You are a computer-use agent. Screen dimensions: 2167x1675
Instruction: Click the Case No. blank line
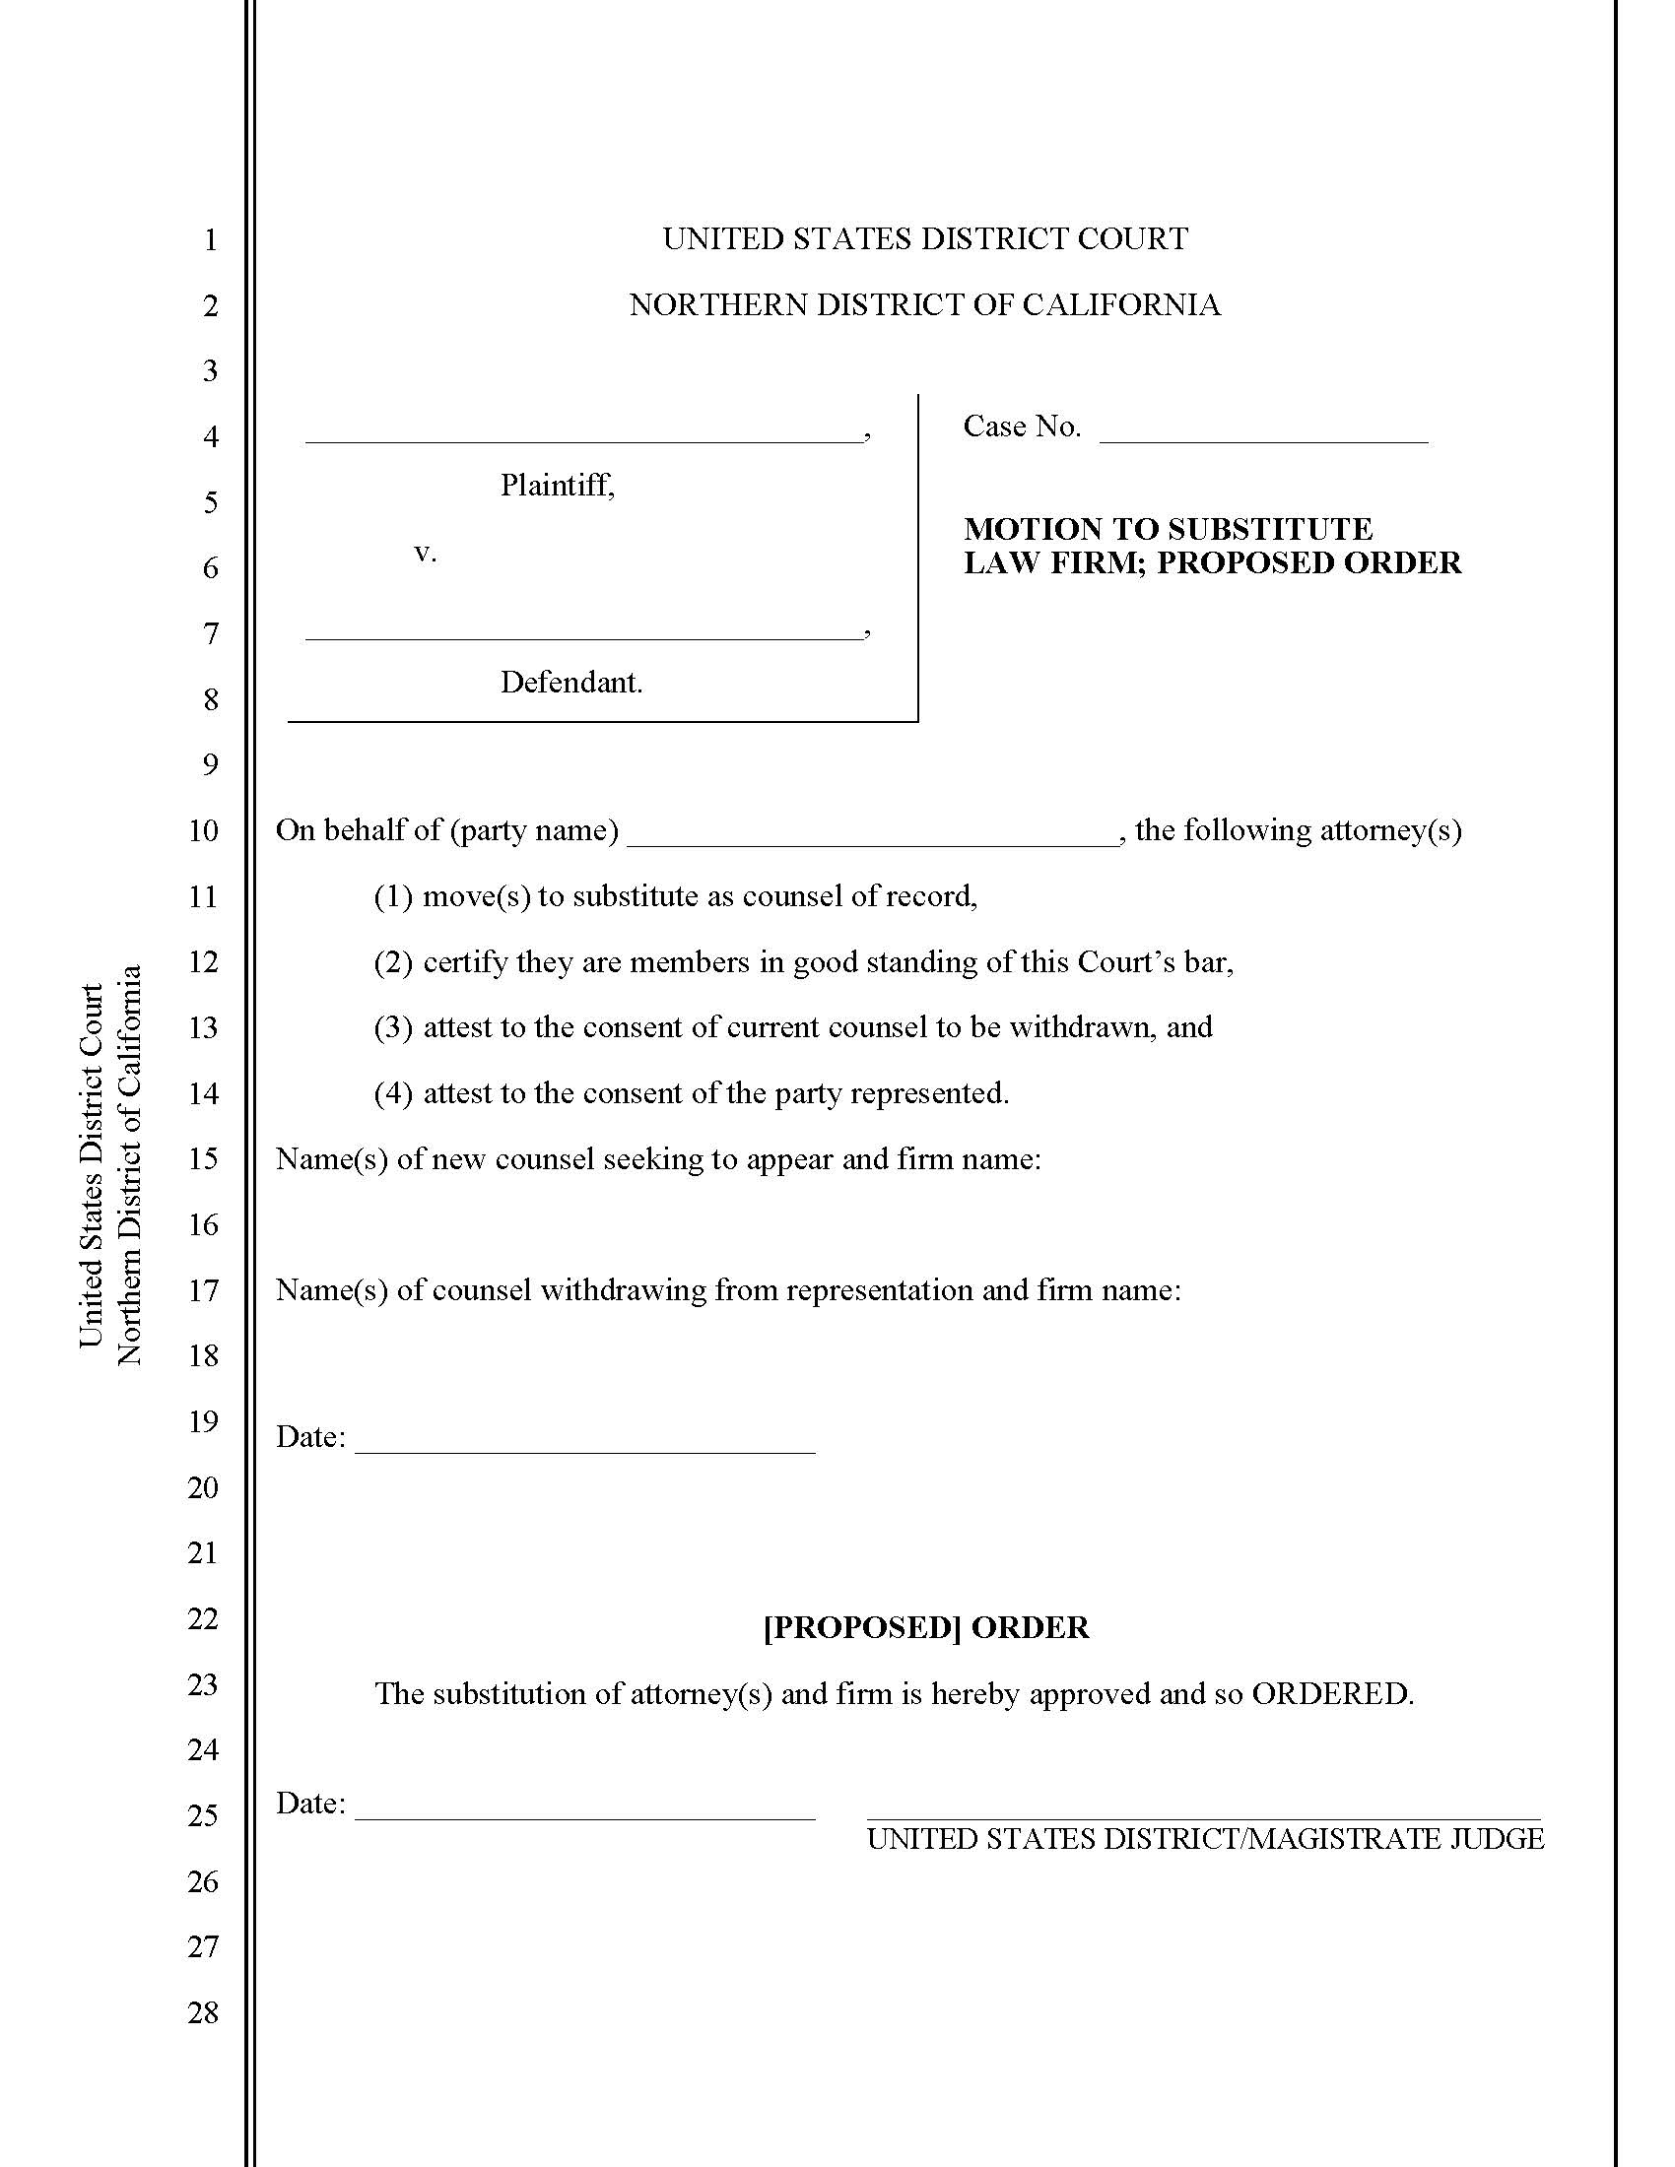coord(1263,438)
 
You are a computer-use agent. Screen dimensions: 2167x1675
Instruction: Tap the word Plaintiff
coord(556,486)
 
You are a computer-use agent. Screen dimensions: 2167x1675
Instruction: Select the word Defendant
coord(570,682)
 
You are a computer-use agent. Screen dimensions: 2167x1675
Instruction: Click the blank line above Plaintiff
coord(583,439)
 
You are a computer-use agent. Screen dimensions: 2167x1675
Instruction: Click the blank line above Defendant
coord(583,637)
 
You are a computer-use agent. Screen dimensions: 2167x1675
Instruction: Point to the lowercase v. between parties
coord(425,553)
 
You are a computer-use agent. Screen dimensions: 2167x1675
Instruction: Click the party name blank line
coord(873,843)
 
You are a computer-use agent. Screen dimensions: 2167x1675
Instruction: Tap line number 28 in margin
coord(202,2012)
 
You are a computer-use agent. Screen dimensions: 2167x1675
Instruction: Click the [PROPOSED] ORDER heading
coord(926,1627)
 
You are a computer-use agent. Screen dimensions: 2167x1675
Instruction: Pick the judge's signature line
coord(1204,1816)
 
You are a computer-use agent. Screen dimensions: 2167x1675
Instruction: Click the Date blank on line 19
coord(584,1451)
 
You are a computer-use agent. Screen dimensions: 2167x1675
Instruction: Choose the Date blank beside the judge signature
coord(584,1817)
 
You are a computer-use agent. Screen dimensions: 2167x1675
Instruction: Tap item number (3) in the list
coord(393,1027)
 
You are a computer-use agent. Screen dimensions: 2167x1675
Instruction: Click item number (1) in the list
coord(393,896)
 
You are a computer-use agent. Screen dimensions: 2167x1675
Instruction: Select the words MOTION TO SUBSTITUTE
coord(1168,528)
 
